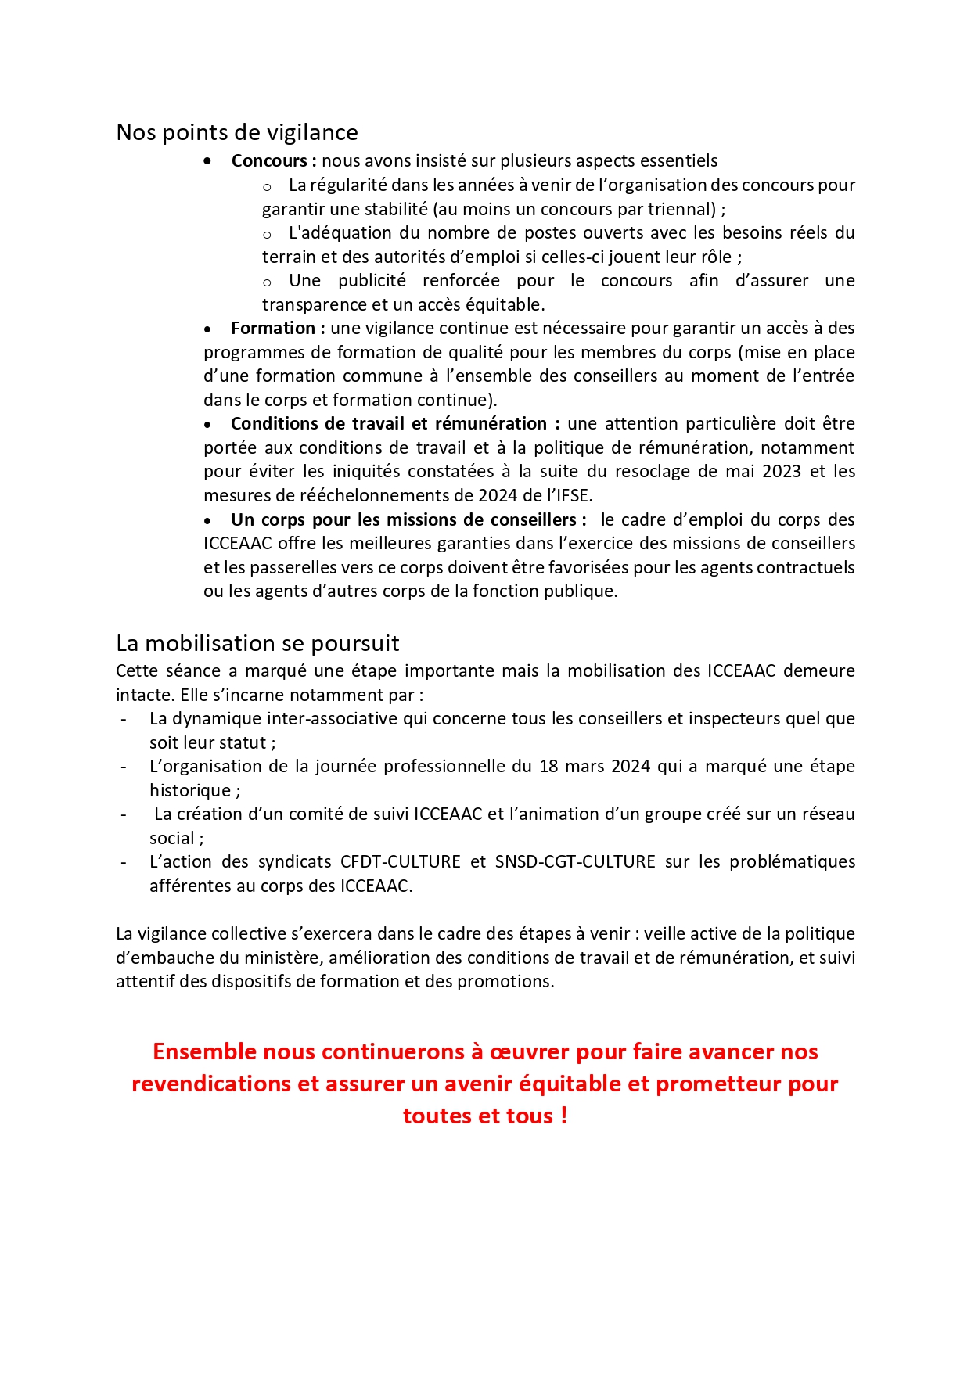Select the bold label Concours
click(x=269, y=160)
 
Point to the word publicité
click(x=372, y=280)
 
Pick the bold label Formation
click(x=272, y=328)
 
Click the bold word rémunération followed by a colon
click(x=496, y=423)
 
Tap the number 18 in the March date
click(x=548, y=766)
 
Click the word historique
click(x=190, y=790)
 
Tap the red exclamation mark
click(x=564, y=1116)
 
